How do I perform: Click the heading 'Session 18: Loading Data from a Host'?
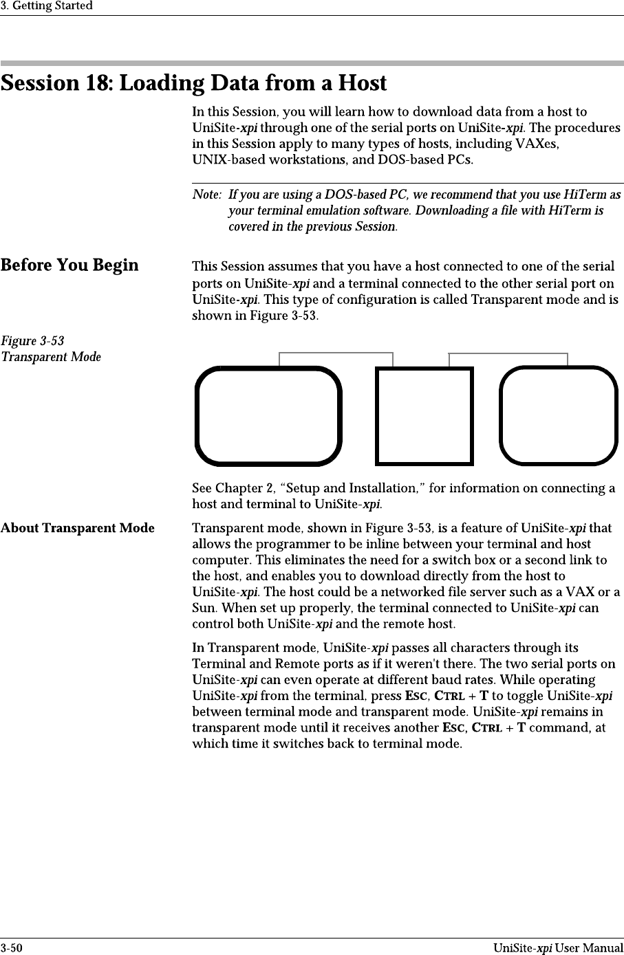(x=194, y=84)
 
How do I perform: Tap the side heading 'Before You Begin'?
(x=69, y=265)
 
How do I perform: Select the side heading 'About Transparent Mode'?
(x=78, y=528)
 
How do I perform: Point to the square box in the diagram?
(x=424, y=417)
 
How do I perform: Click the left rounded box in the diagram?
(x=268, y=417)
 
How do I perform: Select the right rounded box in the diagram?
(x=558, y=415)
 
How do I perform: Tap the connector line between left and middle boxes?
(x=336, y=353)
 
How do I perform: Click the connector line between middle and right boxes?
(x=508, y=354)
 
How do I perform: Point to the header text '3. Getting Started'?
(x=46, y=6)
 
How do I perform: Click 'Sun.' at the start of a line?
(x=206, y=608)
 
